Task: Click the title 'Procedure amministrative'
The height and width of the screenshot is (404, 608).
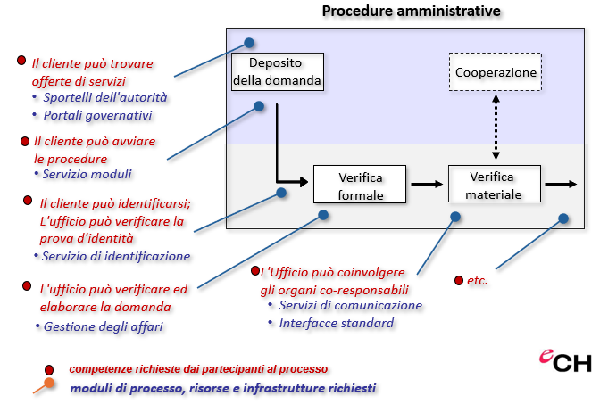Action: click(x=411, y=12)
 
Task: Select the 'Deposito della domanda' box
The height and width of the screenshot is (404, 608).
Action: click(x=276, y=71)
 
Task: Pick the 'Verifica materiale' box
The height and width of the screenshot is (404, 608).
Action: click(x=495, y=184)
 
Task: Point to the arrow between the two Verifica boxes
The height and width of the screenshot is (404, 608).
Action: click(x=427, y=185)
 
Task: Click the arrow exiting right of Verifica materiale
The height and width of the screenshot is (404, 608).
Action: click(x=561, y=184)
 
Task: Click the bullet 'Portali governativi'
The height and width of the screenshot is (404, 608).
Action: click(x=98, y=115)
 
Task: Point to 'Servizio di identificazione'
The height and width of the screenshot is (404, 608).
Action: click(x=117, y=256)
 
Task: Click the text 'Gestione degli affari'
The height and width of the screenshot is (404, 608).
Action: click(x=104, y=326)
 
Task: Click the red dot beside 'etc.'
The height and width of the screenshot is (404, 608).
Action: click(x=459, y=280)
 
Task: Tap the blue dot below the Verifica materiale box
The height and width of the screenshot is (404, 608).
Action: click(x=455, y=217)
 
